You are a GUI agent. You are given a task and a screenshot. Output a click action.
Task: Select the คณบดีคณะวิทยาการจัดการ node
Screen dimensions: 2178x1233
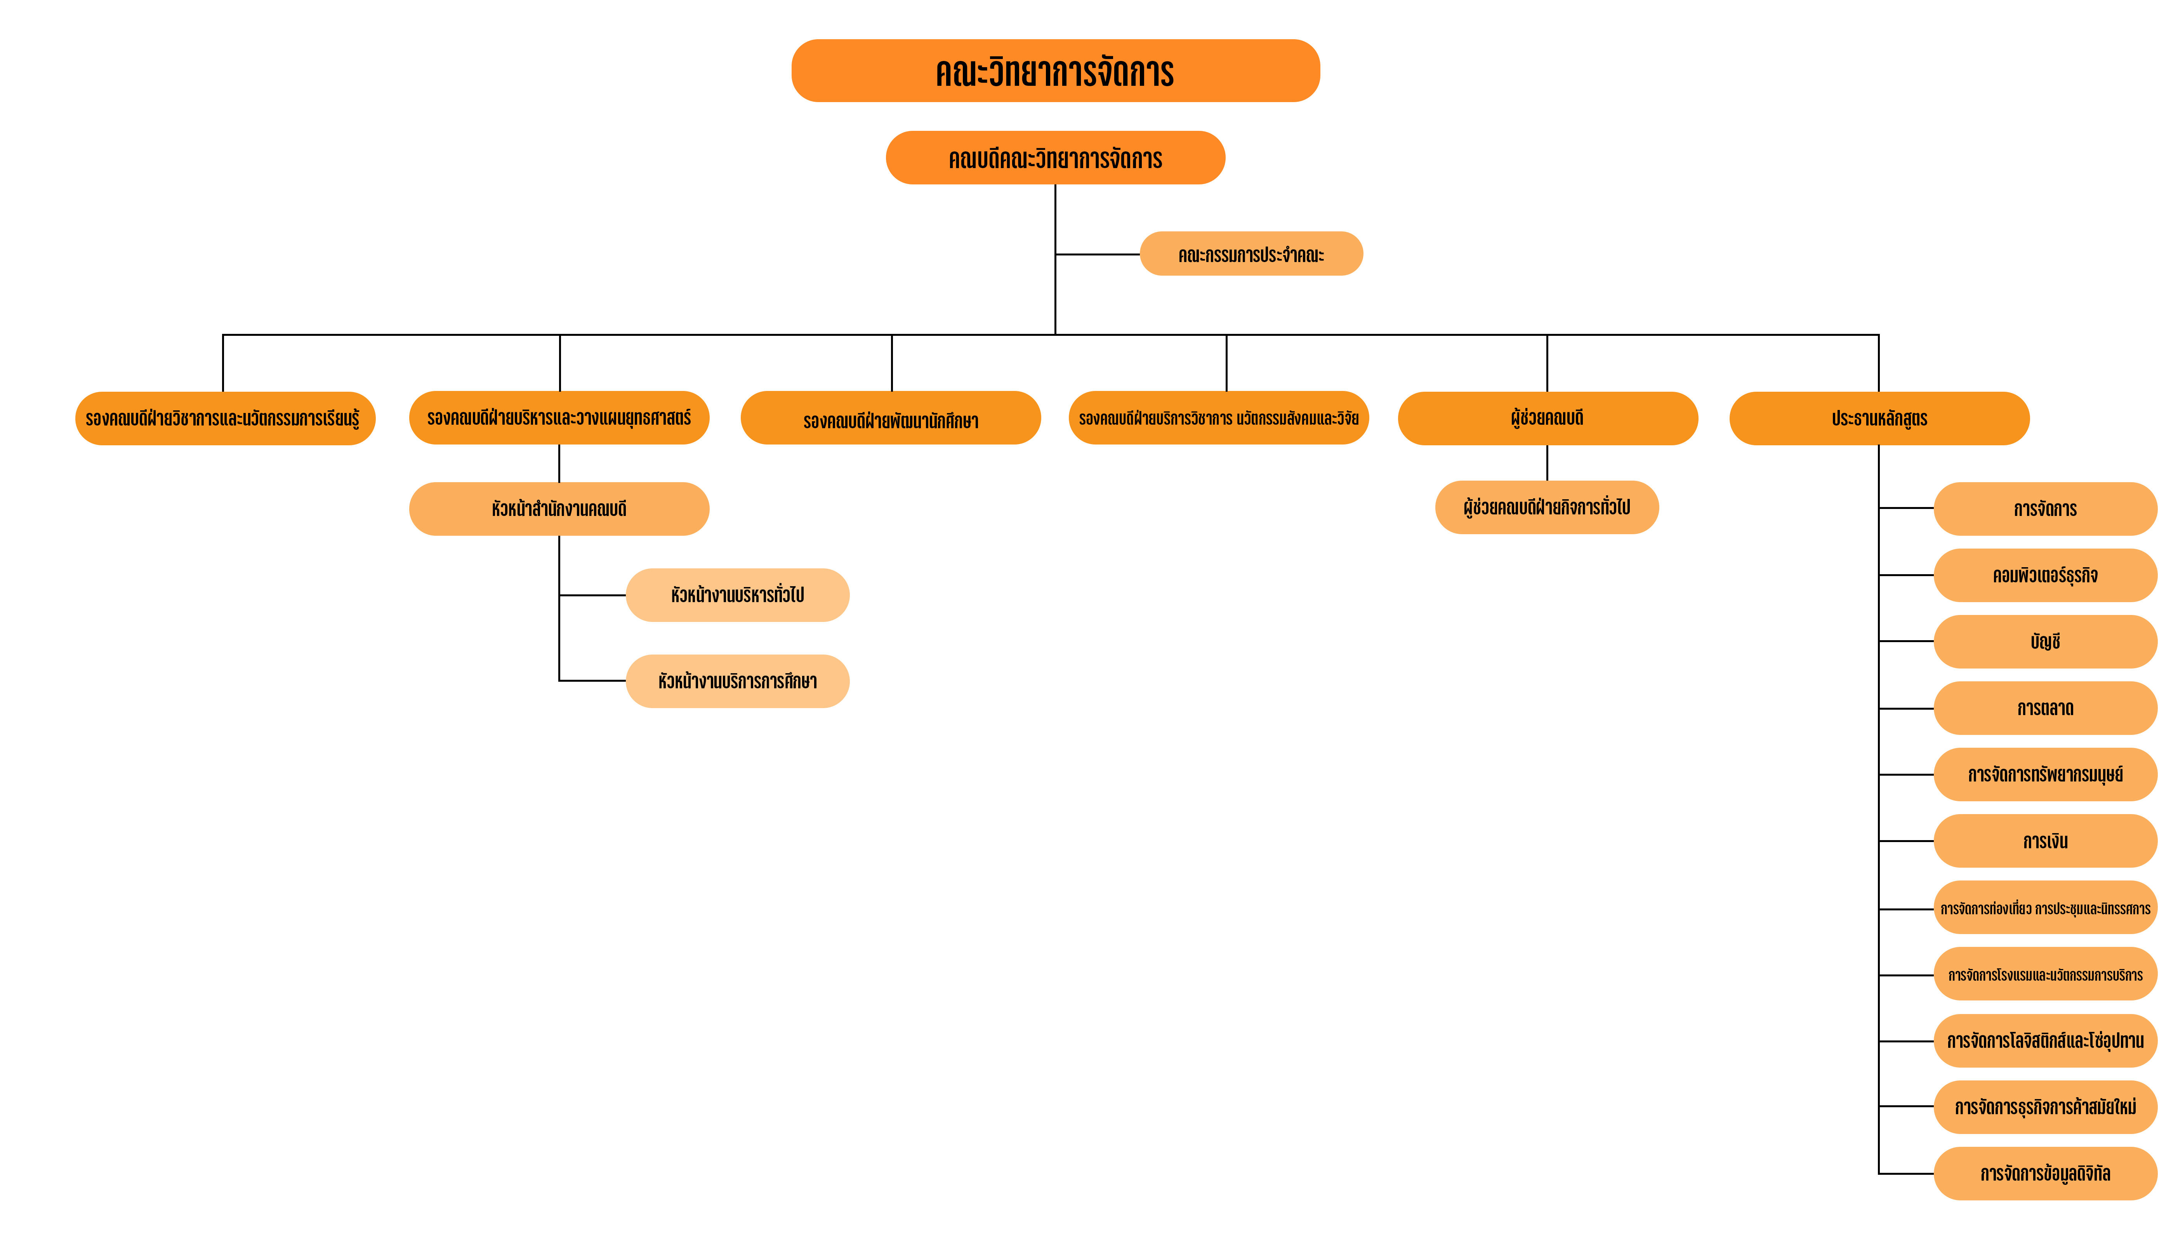coord(1055,158)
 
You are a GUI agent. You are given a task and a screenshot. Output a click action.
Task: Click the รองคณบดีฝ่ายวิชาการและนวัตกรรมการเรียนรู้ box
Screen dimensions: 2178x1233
coord(225,419)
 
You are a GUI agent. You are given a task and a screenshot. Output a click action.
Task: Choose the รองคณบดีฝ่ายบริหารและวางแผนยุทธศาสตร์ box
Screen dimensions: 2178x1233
coord(559,417)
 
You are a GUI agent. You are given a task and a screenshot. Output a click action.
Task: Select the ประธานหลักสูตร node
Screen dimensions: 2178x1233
coord(1879,419)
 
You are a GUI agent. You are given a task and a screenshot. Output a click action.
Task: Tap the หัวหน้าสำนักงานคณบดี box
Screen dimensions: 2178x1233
coord(559,509)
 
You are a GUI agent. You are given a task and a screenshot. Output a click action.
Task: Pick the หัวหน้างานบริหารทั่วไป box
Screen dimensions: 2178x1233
coord(738,595)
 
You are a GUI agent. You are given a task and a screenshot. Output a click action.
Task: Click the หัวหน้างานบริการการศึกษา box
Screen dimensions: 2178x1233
coord(738,681)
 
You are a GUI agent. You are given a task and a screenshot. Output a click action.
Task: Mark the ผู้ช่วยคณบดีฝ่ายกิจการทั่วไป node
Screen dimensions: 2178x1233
coord(1547,507)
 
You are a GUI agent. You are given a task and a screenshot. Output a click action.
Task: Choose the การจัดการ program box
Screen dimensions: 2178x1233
coord(2045,509)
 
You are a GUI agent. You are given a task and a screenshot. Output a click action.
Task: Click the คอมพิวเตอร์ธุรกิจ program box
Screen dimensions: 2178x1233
coord(2045,575)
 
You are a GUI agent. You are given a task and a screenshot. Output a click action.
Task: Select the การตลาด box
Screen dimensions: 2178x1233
coord(2045,708)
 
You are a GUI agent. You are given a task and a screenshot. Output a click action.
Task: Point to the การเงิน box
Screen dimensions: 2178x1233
coord(2045,841)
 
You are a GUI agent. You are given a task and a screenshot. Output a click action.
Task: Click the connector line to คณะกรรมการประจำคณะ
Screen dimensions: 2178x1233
coord(1098,254)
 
